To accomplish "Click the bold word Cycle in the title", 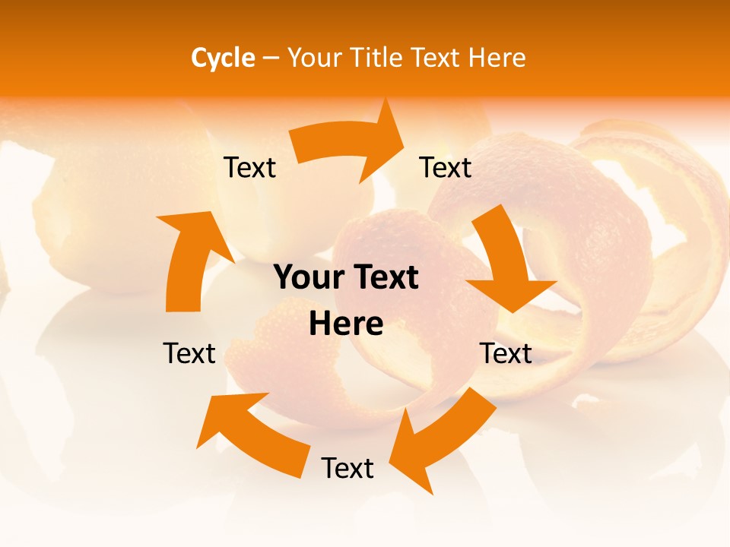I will (223, 58).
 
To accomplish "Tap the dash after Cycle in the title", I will (271, 58).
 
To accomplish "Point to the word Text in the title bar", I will (436, 58).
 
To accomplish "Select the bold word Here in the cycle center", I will (346, 324).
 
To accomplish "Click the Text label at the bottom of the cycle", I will (348, 468).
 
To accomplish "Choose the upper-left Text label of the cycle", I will (249, 167).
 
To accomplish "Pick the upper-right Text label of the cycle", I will (446, 167).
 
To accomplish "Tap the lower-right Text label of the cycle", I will (506, 353).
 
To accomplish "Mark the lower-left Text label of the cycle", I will (189, 353).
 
